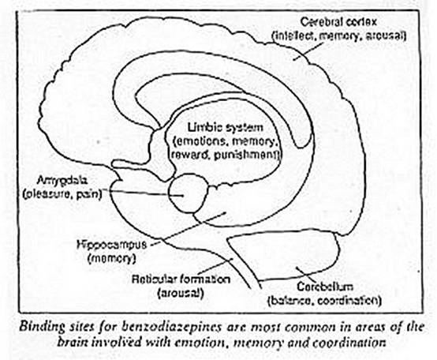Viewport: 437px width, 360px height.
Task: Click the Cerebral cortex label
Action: point(338,22)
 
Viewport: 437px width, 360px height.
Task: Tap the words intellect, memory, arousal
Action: point(339,36)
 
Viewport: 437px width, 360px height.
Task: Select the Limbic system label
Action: point(225,127)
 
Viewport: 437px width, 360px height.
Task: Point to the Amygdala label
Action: point(62,181)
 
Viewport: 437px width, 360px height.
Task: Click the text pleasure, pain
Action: point(62,194)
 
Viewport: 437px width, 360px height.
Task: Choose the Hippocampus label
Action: point(111,245)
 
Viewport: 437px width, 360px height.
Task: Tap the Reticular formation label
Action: point(181,279)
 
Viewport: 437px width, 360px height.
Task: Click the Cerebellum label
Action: point(325,287)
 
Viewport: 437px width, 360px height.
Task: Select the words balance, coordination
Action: point(324,301)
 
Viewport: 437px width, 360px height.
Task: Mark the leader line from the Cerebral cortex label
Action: point(306,52)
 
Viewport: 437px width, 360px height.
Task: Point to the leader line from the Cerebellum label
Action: point(306,274)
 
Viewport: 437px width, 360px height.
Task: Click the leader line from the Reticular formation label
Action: point(215,266)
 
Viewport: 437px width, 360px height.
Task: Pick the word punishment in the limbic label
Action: point(245,155)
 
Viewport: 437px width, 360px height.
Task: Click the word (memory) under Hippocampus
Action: point(111,258)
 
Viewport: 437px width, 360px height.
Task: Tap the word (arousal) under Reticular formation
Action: point(181,293)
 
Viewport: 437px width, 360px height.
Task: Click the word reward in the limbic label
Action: point(191,155)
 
